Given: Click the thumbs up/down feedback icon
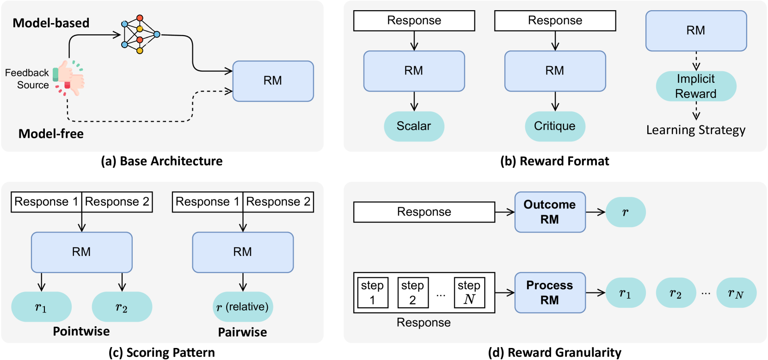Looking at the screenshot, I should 69,78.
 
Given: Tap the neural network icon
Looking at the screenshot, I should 140,35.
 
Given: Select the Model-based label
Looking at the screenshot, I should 51,23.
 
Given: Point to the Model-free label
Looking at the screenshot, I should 51,134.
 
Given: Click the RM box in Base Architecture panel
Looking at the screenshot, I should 273,81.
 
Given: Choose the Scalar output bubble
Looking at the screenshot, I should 414,126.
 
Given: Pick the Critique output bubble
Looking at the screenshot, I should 555,126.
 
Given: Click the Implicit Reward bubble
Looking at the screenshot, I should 696,86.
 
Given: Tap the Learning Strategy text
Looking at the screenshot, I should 696,130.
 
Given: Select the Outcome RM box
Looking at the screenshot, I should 550,212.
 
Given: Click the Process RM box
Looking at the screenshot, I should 550,293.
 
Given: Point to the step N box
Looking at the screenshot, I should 469,293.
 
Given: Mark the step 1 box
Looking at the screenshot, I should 372,293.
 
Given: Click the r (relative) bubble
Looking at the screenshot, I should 243,307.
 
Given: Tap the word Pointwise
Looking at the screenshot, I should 81,331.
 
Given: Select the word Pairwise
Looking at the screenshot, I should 242,332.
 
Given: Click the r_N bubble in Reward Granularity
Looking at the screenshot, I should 736,293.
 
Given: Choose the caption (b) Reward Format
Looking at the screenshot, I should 554,161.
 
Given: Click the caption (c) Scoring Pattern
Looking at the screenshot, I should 162,353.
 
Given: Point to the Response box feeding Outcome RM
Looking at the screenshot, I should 424,212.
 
